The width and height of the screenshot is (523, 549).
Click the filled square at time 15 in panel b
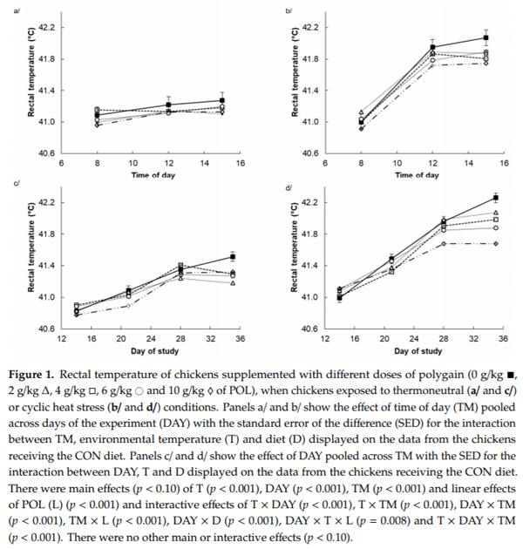click(x=486, y=37)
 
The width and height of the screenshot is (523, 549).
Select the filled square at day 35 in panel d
click(x=495, y=198)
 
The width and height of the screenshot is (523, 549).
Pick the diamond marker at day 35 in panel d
click(x=495, y=244)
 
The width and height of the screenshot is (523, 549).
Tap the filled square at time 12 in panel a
click(x=169, y=105)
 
